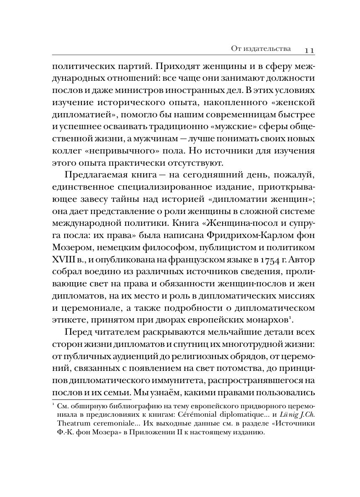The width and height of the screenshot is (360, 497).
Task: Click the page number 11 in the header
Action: [x=310, y=50]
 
